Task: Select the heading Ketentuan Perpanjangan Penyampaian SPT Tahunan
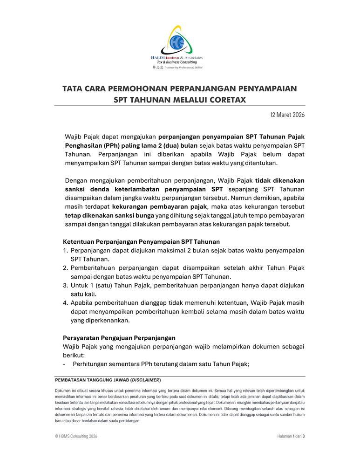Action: click(141, 241)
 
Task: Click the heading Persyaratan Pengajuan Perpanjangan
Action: click(119, 337)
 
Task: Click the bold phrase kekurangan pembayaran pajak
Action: click(159, 206)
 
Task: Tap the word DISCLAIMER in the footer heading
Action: click(146, 380)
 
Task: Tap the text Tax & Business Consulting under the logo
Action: click(177, 62)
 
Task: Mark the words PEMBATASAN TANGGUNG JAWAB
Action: click(91, 380)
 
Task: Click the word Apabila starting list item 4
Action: click(84, 302)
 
